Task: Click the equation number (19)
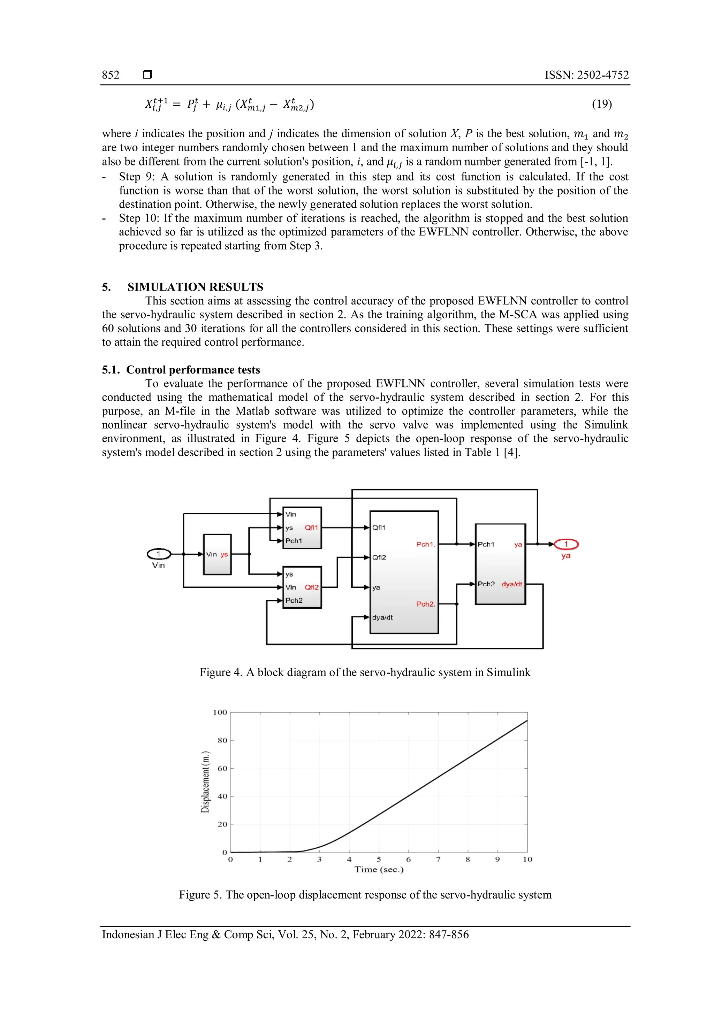(601, 104)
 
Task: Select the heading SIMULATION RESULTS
(195, 287)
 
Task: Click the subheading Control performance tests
(193, 370)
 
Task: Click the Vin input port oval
(159, 554)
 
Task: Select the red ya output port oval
(566, 545)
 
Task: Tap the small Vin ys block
(217, 554)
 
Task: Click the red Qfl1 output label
(311, 527)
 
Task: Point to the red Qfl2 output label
(311, 587)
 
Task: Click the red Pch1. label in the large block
(425, 545)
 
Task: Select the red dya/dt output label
(512, 584)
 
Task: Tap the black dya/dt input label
(382, 617)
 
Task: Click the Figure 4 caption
(365, 672)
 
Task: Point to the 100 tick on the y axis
(220, 713)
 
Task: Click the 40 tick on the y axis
(222, 796)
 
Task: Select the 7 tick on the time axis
(438, 859)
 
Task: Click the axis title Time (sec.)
(379, 869)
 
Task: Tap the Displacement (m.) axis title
(205, 782)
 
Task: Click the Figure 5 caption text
(365, 895)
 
